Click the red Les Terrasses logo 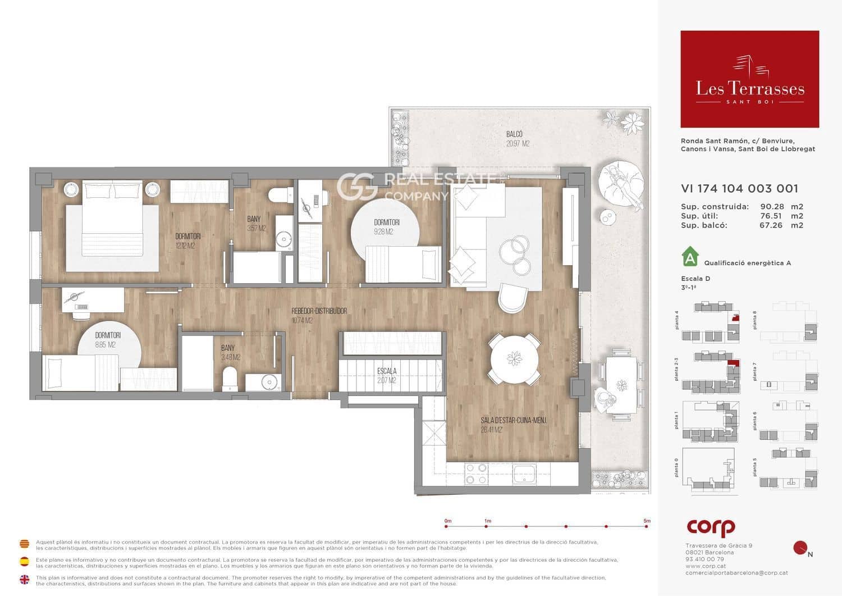point(749,79)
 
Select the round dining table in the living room point(514,359)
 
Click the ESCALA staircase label point(387,375)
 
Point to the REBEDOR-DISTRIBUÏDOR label point(319,315)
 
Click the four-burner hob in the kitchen point(476,474)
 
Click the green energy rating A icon point(690,257)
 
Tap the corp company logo point(711,527)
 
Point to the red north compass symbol point(800,547)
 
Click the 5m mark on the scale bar point(647,526)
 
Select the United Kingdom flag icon point(25,579)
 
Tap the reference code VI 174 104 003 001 point(739,189)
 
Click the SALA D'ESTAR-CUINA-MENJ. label point(513,424)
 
